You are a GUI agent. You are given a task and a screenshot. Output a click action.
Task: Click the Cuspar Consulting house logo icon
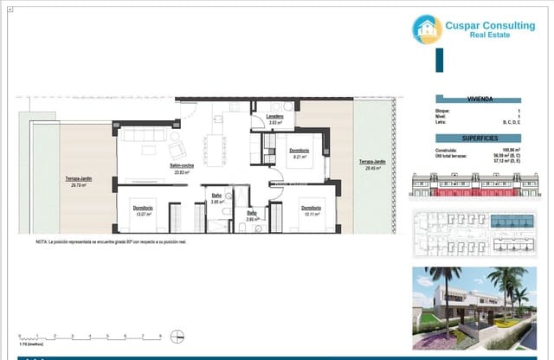427,29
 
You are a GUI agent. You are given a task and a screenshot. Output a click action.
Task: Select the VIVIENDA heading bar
480,100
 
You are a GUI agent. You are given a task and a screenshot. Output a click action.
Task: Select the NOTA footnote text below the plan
111,242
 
